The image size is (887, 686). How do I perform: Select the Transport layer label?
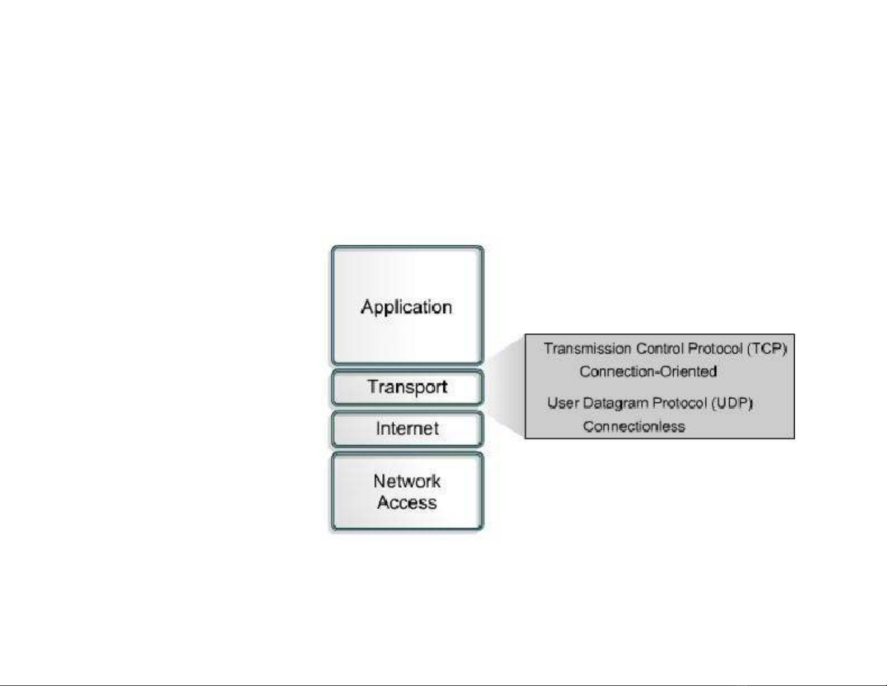(407, 387)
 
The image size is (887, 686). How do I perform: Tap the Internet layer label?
(407, 428)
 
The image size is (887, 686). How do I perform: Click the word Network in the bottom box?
(407, 482)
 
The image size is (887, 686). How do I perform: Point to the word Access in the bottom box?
(407, 502)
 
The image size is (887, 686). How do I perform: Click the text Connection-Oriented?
(648, 372)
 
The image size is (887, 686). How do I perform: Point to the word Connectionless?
(634, 427)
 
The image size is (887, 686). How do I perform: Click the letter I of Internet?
(378, 428)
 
